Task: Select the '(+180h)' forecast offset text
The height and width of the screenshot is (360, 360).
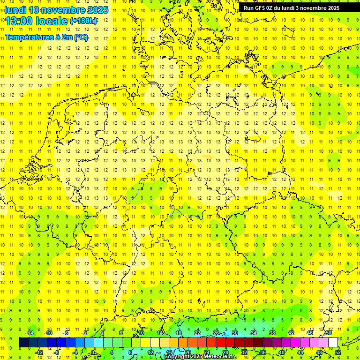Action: [x=83, y=21]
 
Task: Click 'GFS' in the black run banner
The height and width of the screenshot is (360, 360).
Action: [x=260, y=8]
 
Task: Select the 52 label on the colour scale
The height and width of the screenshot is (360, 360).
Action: [x=338, y=352]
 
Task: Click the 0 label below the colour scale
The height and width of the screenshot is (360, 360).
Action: [x=93, y=352]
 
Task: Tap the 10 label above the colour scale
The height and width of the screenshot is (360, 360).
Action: [x=141, y=333]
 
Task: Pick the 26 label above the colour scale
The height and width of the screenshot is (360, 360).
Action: [x=216, y=333]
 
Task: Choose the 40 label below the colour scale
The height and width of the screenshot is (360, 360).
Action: [x=282, y=352]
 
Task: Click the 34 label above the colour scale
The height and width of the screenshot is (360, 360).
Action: [x=254, y=333]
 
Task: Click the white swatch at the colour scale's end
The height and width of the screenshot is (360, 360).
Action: [x=333, y=343]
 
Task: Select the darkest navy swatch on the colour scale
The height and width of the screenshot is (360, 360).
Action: [x=23, y=343]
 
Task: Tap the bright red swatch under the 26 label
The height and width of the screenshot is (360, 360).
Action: [x=220, y=343]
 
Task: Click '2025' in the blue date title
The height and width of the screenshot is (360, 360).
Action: [x=97, y=10]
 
